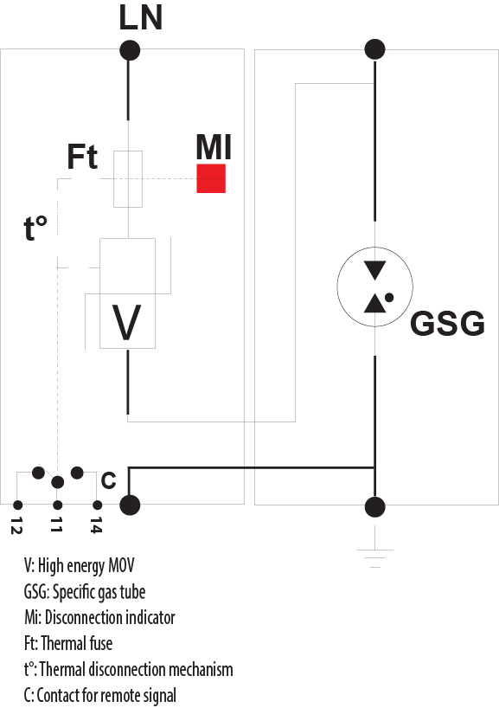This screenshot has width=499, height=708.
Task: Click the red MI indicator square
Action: (x=211, y=178)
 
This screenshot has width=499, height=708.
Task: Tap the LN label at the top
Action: (x=140, y=18)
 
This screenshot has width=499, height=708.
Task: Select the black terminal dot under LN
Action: (x=129, y=50)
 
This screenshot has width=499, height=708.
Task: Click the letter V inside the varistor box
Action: (x=128, y=323)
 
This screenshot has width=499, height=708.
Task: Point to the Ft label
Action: (x=82, y=158)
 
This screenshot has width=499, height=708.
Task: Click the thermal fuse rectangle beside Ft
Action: (x=128, y=178)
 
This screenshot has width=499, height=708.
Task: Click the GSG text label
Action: (x=446, y=323)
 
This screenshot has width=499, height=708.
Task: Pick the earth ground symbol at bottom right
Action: (x=374, y=555)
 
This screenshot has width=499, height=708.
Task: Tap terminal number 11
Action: (x=56, y=524)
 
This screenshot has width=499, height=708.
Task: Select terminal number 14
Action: (x=96, y=525)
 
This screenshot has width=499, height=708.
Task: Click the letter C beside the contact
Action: (x=108, y=480)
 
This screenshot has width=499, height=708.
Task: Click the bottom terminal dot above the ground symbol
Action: (x=374, y=506)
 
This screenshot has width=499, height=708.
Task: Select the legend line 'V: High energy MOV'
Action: (x=80, y=566)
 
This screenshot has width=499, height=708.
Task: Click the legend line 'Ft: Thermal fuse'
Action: (x=68, y=643)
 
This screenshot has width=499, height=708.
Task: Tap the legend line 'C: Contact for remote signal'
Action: (x=100, y=695)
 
